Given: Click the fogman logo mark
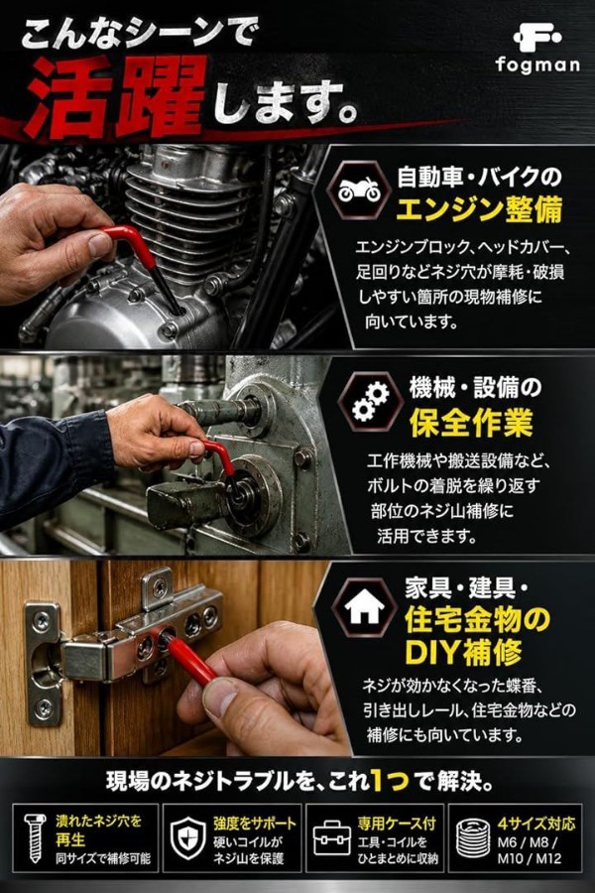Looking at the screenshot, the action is tap(536, 39).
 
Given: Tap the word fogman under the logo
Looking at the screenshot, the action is tap(537, 64).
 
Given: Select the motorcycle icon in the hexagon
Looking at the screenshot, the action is tap(358, 190).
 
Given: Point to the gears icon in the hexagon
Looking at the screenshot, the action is tap(370, 401).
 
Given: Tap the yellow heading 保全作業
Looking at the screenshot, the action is tap(471, 422).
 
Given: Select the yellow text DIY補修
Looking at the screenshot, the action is tap(463, 653).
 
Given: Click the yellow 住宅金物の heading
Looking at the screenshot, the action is tap(478, 620).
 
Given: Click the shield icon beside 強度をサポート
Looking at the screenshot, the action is tap(187, 837).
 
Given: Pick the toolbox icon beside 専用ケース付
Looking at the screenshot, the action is tap(332, 837).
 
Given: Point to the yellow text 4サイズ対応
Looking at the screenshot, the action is tap(536, 824).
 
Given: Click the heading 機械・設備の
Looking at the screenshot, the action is tap(475, 388).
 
